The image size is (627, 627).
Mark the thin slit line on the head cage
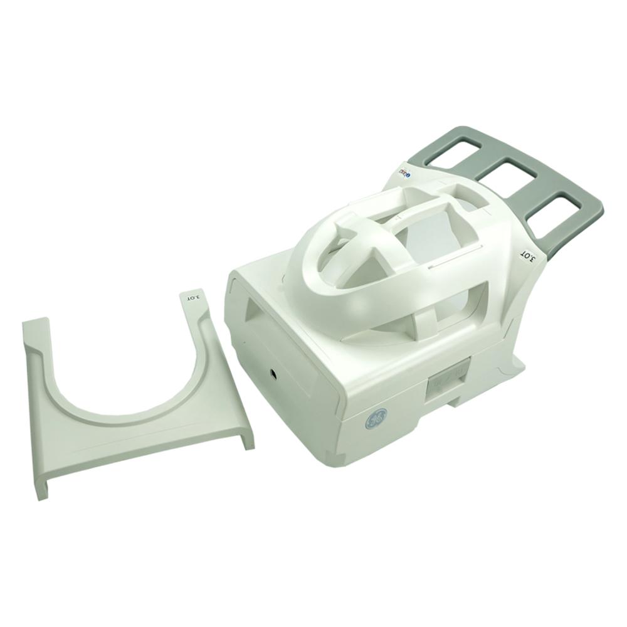tap(451, 257)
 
